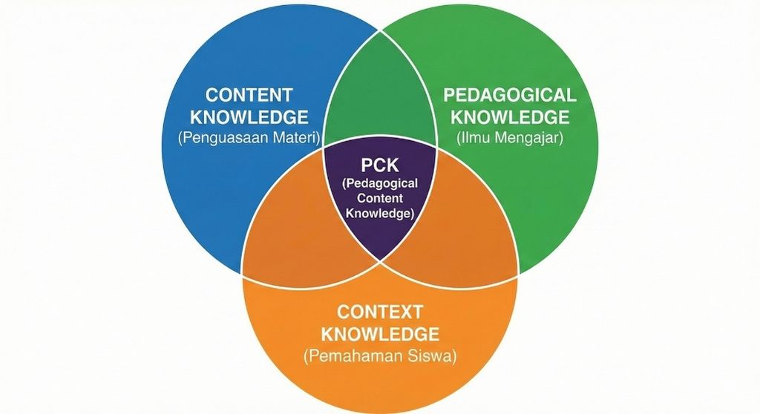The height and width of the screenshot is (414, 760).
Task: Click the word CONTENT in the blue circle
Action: point(249,96)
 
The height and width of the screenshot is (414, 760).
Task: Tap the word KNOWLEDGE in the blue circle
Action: point(249,116)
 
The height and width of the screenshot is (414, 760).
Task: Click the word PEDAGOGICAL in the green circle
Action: point(509,96)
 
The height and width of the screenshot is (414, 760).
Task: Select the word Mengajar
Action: point(528,137)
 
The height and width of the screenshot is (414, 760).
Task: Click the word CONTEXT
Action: point(379,312)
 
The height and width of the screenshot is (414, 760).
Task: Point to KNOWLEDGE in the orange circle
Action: point(379,333)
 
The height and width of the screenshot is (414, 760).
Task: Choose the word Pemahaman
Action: point(352,355)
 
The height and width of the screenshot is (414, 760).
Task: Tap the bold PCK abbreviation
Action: point(379,165)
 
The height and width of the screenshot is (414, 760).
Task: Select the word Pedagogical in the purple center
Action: point(379,183)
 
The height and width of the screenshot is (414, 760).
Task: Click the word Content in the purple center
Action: point(379,198)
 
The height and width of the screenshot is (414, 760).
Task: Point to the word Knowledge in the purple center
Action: point(379,213)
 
